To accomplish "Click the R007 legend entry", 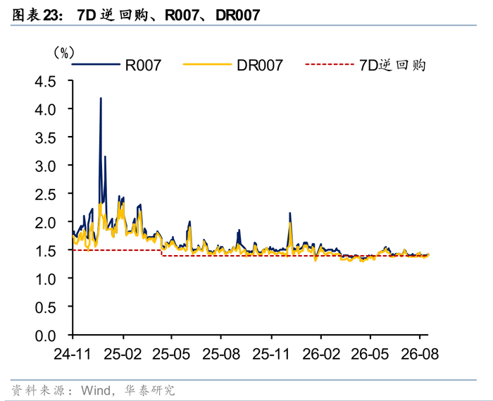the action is click(117, 65).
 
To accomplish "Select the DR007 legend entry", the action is click(233, 65).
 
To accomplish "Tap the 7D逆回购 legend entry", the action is click(366, 65).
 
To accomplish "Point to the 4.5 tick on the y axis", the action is click(45, 82).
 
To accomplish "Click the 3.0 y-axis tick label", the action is click(45, 166).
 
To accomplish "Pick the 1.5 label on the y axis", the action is click(45, 251).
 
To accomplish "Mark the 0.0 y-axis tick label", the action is click(45, 336).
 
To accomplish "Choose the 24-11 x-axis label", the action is click(73, 354).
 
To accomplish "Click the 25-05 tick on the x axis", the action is click(171, 354).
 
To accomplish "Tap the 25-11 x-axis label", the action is click(271, 354).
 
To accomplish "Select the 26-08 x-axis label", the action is click(420, 354).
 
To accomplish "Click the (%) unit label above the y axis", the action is click(64, 53).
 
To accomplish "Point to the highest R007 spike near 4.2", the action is click(101, 99).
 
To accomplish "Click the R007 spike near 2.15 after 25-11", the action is click(290, 214).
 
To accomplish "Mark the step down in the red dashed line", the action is click(161, 253).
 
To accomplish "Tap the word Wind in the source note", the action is click(96, 390).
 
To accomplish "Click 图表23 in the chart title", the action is click(35, 15).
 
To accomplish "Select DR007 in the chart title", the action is click(238, 15).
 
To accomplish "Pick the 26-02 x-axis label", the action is click(321, 354).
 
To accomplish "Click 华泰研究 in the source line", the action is click(149, 390).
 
